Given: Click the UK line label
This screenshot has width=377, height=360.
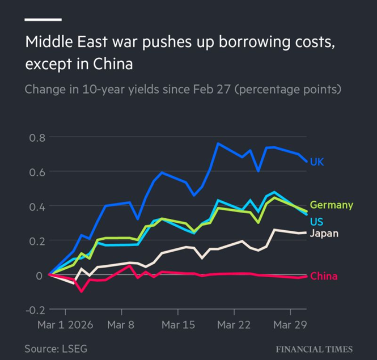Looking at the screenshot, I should coord(317,162).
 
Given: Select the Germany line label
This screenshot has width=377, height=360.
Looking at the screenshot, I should coord(331,205).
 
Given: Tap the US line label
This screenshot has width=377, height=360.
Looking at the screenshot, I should coord(317,220).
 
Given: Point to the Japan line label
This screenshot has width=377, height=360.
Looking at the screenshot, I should coord(324,233).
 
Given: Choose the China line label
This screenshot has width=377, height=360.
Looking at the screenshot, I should coord(324,276).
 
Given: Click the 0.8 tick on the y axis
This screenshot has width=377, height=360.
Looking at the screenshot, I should coord(35,137).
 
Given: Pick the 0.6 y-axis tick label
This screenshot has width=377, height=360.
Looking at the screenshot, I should coord(35,172).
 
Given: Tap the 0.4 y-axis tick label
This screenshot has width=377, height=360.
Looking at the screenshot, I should coord(35,206).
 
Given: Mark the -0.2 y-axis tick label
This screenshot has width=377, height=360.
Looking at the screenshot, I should coord(33,310).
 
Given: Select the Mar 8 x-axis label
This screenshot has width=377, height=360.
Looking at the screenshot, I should coord(121,325).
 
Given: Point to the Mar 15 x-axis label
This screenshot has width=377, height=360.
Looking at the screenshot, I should coord(178,325).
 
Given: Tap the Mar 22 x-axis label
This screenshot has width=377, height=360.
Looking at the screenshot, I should coord(234,325).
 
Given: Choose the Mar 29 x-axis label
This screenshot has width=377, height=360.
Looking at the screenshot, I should coord(290,325).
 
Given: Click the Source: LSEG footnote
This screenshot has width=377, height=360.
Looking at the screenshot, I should coord(56,348).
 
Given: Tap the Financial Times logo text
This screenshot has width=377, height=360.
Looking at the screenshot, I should coord(314,349).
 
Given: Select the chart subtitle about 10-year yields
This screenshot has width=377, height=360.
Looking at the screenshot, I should coord(183,90).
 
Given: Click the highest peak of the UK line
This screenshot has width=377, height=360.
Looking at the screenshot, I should coord(218,143).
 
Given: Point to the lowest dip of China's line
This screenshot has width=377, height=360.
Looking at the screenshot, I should coord(82,291).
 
